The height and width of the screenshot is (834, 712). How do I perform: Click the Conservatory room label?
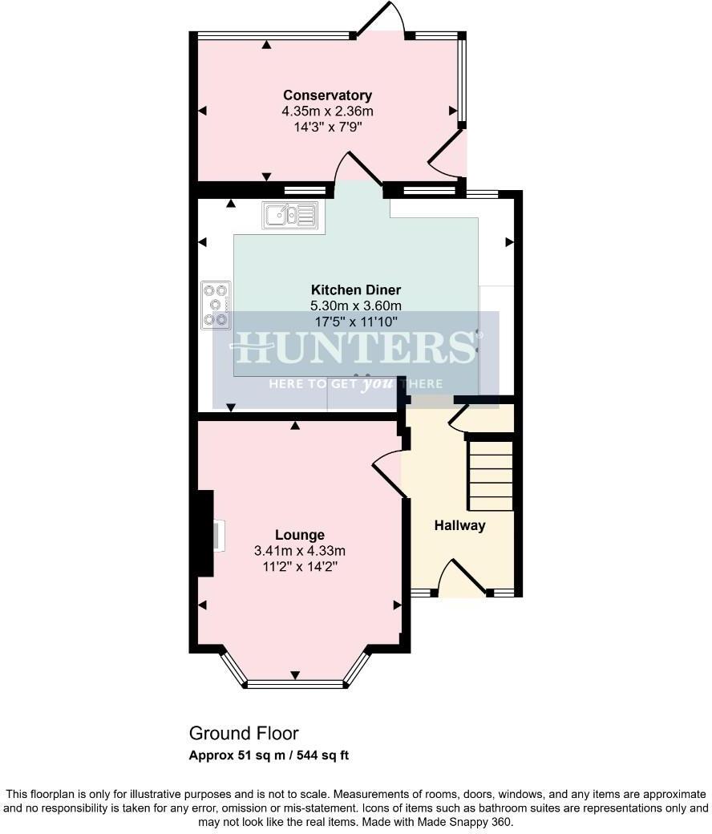[x=326, y=96]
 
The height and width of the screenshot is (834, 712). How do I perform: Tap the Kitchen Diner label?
[x=355, y=289]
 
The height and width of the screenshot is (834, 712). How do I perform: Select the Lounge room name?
[x=299, y=535]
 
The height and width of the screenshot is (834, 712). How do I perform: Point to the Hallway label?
[x=459, y=526]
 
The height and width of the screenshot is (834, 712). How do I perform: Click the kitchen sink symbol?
[x=293, y=215]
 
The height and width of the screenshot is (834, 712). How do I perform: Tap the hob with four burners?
[x=216, y=305]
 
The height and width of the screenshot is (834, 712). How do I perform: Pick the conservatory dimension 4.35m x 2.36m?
[x=326, y=111]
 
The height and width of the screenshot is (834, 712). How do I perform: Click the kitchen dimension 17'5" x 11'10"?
[x=355, y=321]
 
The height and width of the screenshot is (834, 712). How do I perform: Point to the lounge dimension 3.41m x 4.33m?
[x=299, y=550]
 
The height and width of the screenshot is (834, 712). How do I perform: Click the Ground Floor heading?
[x=243, y=734]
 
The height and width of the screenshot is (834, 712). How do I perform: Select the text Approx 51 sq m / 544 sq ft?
[x=269, y=755]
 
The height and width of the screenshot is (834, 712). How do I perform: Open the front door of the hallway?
[x=462, y=578]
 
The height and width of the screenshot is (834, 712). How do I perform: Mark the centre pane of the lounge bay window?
[x=295, y=684]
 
